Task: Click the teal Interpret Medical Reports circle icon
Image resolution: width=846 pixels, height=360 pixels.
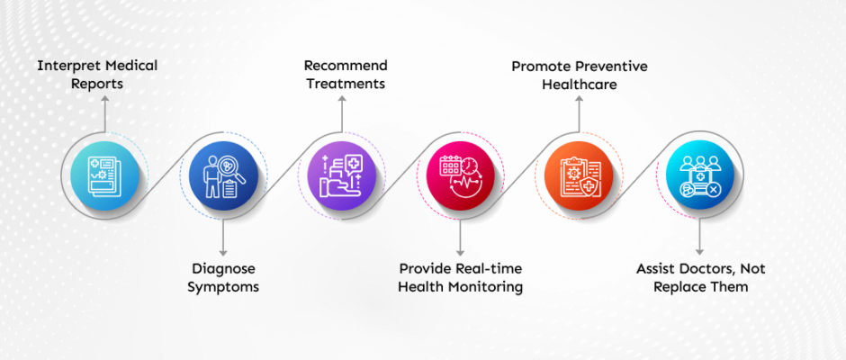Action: pos(104,176)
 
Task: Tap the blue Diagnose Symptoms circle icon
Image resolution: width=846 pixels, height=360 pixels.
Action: pos(223,176)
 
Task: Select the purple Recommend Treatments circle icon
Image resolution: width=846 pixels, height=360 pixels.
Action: pos(341,176)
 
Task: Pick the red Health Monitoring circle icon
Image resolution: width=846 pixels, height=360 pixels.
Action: pos(460,176)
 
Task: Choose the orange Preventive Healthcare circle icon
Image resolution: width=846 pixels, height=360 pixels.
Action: pos(579,176)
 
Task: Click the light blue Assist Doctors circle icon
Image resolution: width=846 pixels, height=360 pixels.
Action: pos(699,176)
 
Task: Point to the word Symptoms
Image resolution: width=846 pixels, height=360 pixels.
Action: pos(223,286)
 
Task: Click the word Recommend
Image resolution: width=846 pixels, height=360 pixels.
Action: pos(346,66)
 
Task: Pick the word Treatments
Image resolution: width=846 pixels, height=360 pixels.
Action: pos(346,84)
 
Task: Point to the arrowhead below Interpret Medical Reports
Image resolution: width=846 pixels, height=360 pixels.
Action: pos(104,99)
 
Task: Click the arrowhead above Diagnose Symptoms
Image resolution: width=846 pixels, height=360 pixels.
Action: pos(223,251)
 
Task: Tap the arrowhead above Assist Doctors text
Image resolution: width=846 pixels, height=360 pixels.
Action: pos(699,251)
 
